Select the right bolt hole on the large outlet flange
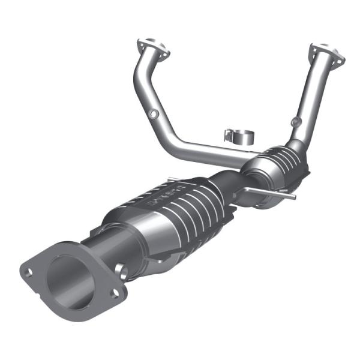pos(115,293)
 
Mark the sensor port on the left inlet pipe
pos(154,113)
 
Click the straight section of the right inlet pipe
pos(312,96)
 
